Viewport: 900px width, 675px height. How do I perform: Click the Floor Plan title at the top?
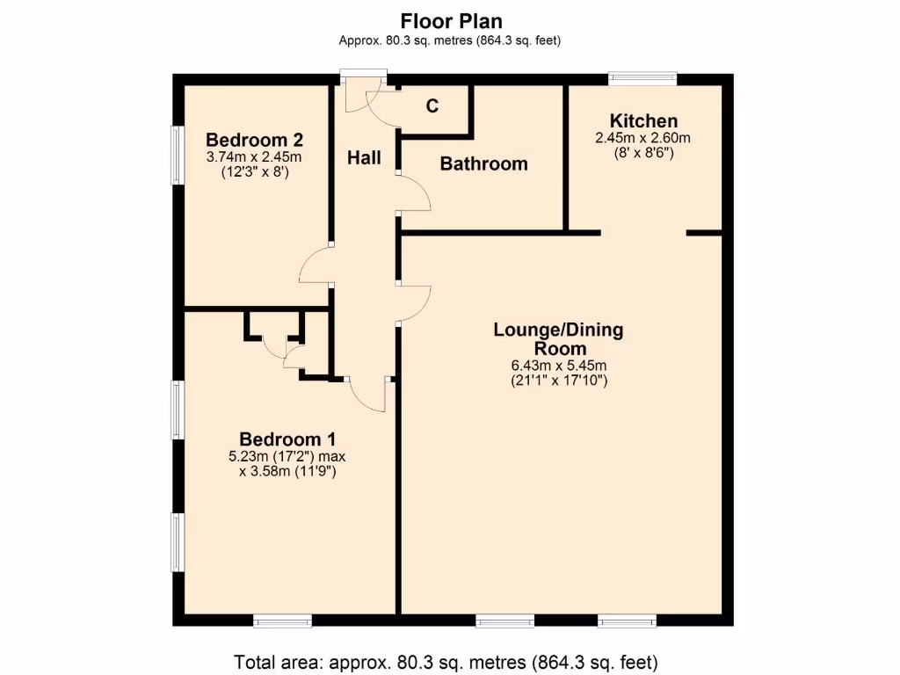click(x=451, y=20)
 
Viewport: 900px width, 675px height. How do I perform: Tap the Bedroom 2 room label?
click(x=254, y=140)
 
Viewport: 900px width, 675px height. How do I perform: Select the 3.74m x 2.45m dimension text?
click(x=254, y=157)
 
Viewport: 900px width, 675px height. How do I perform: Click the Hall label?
click(x=364, y=158)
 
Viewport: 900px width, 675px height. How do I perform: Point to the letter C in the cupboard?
click(x=432, y=106)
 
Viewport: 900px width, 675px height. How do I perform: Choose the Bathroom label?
click(x=483, y=163)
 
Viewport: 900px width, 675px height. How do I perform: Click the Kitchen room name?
click(x=643, y=121)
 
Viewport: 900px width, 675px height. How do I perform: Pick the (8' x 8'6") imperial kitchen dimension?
click(x=643, y=152)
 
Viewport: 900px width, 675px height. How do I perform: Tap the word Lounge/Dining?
click(x=558, y=330)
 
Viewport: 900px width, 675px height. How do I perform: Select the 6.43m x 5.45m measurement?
click(x=558, y=366)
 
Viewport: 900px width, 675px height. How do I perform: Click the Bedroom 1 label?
click(x=287, y=439)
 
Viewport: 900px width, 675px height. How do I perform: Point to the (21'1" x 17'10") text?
click(x=558, y=381)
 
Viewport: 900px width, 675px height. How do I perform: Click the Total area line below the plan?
click(x=446, y=661)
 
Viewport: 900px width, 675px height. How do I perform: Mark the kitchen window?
click(x=643, y=77)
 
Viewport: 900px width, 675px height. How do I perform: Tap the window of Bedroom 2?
click(x=177, y=155)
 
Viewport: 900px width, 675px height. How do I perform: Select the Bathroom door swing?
click(x=413, y=193)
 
